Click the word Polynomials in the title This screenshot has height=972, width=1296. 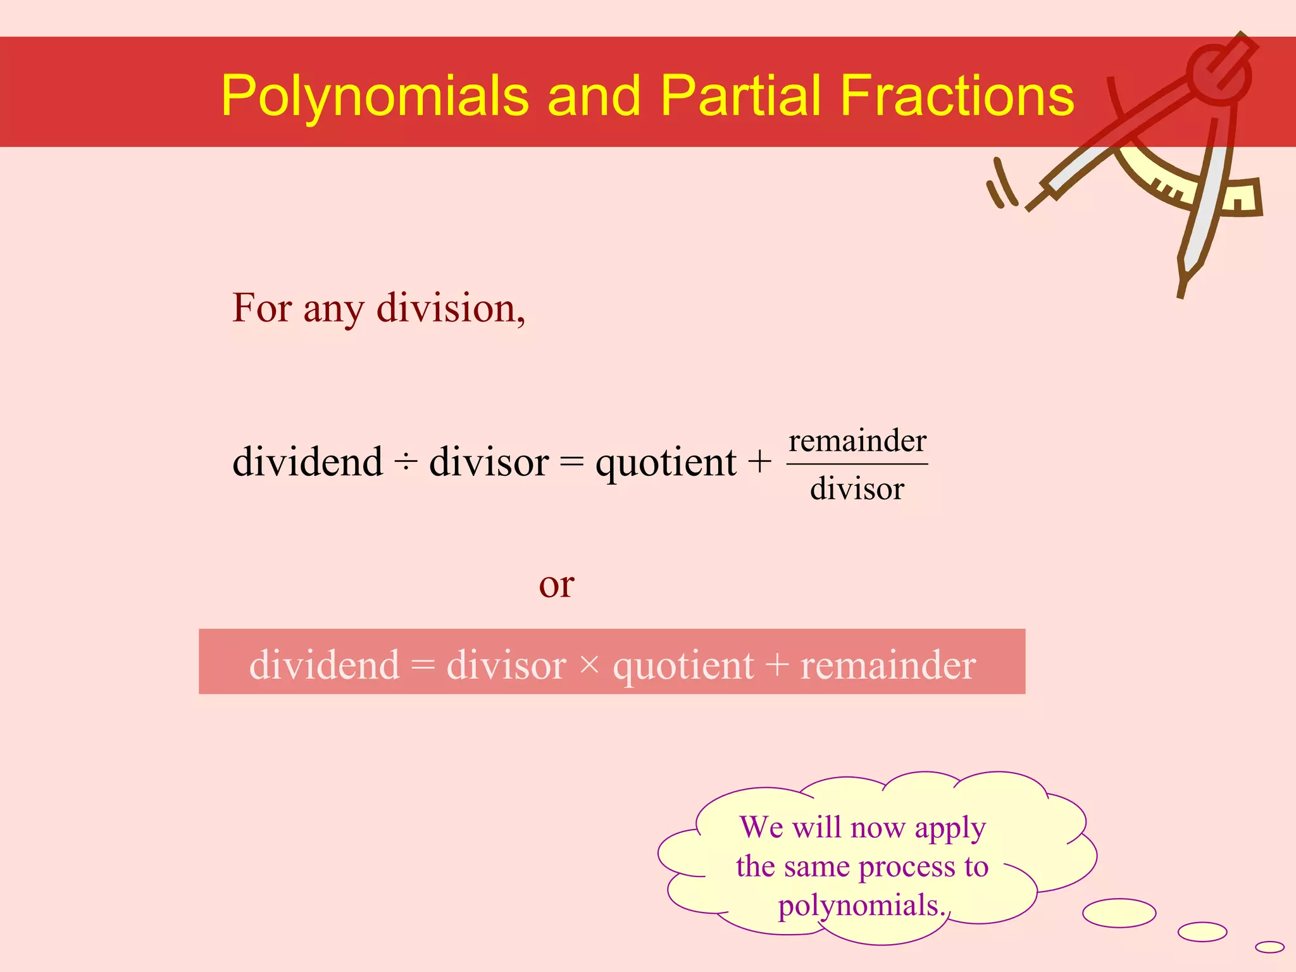(x=375, y=96)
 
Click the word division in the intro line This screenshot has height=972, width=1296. (x=450, y=309)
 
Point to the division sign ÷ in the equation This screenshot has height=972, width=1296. (x=406, y=463)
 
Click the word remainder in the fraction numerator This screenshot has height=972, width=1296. (x=857, y=440)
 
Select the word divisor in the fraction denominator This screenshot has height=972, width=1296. (x=857, y=489)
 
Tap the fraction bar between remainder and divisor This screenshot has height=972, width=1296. (x=857, y=464)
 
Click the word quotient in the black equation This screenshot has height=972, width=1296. (x=665, y=463)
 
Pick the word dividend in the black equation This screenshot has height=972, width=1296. (x=308, y=461)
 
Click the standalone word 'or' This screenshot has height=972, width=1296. (x=556, y=585)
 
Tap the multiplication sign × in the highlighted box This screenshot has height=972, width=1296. (x=589, y=664)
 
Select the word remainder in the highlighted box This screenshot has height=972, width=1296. (x=888, y=665)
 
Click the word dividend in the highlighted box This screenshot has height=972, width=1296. (x=324, y=665)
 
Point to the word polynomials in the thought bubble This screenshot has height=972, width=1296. (x=859, y=906)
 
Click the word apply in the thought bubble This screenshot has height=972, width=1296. (x=950, y=828)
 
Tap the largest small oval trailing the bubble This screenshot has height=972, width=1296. (x=1119, y=913)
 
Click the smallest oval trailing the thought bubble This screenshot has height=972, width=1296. (x=1269, y=947)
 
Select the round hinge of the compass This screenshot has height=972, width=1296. (x=1218, y=73)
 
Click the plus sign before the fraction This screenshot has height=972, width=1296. (x=759, y=461)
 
